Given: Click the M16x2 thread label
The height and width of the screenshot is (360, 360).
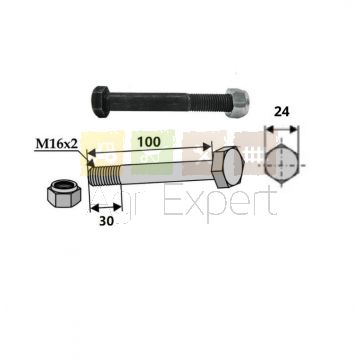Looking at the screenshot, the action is (57, 144).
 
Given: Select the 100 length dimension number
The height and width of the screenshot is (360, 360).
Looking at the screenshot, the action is (149, 142).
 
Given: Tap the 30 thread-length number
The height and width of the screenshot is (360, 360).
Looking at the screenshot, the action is (107, 221).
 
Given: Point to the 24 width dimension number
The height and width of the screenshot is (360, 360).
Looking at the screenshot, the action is (282, 112).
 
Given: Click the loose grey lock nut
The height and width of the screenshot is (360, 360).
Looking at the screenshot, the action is (64, 193).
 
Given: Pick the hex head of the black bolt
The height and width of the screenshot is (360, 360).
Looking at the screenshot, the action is (100, 102).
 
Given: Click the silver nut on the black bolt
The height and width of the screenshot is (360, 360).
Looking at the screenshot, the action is (237, 103).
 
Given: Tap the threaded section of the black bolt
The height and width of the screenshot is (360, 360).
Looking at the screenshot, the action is (208, 102).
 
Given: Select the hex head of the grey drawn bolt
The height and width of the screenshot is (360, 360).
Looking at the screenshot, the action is (228, 167).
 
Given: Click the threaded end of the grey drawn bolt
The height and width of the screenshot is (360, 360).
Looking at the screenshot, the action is (105, 176).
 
